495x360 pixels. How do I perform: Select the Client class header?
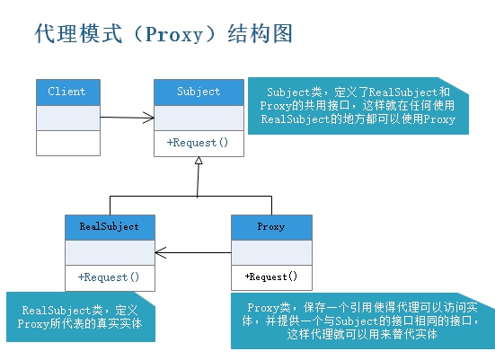click(x=66, y=92)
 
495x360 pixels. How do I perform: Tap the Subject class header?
click(x=199, y=92)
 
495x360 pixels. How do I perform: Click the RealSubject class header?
click(x=109, y=226)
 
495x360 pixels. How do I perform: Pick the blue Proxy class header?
click(x=271, y=226)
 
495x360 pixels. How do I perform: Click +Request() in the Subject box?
click(x=199, y=143)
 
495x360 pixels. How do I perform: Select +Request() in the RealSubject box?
click(x=109, y=277)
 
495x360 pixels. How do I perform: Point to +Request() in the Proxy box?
click(x=271, y=277)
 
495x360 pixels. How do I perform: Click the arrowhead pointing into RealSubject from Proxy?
click(x=159, y=252)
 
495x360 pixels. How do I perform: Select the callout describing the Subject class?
click(x=358, y=106)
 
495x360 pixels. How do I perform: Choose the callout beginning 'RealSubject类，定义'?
click(x=77, y=316)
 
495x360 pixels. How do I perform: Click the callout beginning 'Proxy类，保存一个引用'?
click(x=362, y=320)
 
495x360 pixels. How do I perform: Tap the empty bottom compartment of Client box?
click(x=66, y=143)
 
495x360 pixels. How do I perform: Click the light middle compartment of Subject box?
click(x=199, y=118)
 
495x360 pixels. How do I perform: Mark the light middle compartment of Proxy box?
click(x=271, y=252)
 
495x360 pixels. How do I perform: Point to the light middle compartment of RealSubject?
click(x=109, y=252)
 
